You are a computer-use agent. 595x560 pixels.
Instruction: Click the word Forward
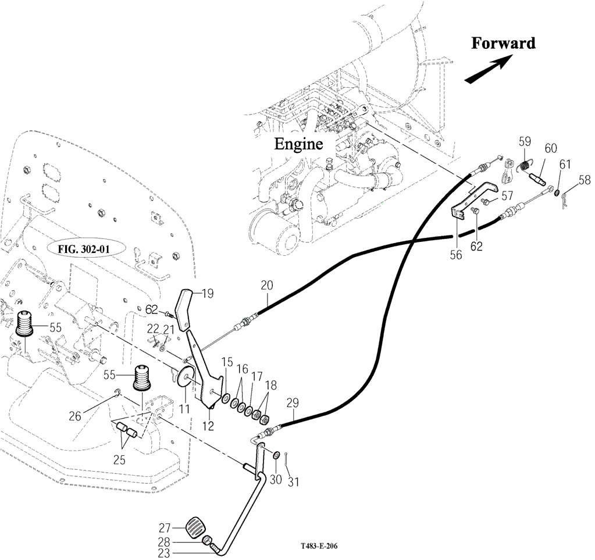[503, 43]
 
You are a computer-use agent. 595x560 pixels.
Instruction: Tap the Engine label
[298, 144]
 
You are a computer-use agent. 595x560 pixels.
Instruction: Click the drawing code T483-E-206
[319, 547]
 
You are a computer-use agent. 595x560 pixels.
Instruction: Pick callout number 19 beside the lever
[208, 294]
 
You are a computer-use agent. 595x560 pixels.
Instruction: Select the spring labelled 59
[526, 167]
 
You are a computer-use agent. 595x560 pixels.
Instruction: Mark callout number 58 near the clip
[584, 180]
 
